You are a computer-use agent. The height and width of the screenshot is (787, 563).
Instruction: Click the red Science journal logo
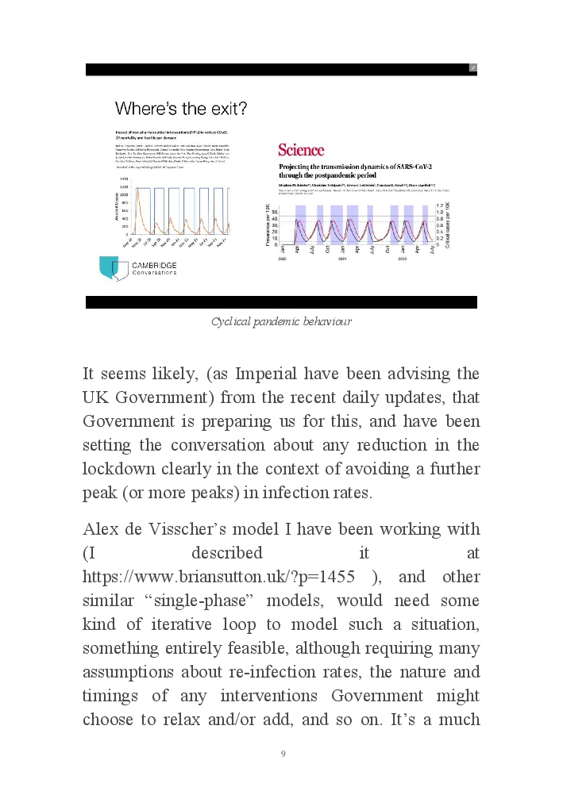[301, 150]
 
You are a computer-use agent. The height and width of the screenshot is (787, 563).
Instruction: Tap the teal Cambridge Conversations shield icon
[108, 267]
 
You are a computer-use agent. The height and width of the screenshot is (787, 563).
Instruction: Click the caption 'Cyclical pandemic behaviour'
[281, 321]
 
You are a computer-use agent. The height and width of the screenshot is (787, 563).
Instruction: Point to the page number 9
[283, 754]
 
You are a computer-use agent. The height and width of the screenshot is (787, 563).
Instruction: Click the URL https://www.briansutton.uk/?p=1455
[218, 577]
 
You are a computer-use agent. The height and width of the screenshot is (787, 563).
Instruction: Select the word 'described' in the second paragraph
[226, 553]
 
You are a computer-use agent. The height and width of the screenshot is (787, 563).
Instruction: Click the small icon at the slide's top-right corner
[472, 68]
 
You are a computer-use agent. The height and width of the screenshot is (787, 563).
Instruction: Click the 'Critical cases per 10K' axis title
[447, 225]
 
